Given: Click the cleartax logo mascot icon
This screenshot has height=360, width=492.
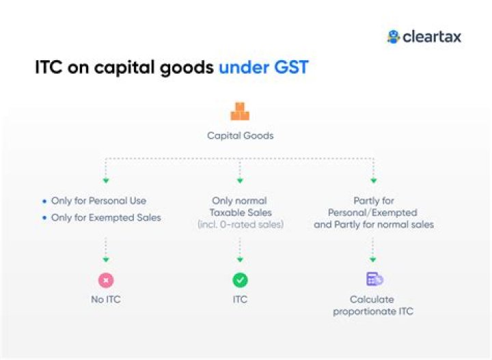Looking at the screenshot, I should (393, 37).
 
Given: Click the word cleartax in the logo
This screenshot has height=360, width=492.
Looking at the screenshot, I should (432, 37).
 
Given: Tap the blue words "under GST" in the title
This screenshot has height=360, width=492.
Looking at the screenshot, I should (263, 68).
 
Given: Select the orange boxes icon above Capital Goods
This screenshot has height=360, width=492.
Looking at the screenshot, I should (240, 112).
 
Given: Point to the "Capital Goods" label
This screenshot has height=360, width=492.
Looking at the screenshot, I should (240, 135).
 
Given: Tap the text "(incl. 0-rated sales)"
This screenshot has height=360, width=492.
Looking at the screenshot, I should (240, 224).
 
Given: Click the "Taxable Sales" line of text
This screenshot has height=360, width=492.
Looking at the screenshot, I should (240, 212).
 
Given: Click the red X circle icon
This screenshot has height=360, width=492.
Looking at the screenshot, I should (105, 280).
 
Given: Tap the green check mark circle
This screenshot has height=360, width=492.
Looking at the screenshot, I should (240, 280).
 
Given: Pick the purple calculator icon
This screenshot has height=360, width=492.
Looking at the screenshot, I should (374, 279).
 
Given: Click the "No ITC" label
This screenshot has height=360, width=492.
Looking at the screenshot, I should (105, 299).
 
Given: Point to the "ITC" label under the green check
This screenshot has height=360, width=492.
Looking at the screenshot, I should (240, 299).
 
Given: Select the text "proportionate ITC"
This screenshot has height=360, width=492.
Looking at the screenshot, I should (373, 311).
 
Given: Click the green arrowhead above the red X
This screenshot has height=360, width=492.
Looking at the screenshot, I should (105, 259).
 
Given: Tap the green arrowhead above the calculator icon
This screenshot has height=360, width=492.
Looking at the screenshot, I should (373, 259).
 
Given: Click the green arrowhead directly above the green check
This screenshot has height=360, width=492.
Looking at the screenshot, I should (240, 259).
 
